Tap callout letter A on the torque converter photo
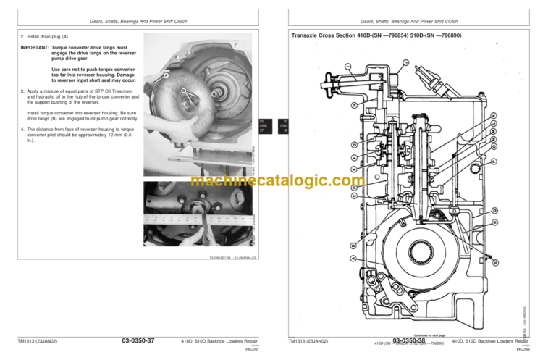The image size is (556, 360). (x=167, y=75)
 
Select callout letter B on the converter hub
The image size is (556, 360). (x=184, y=90)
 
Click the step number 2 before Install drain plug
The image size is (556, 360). (x=22, y=35)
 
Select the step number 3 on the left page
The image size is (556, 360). (x=22, y=92)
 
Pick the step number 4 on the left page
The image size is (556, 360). (x=22, y=129)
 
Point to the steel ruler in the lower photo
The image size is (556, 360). (x=195, y=214)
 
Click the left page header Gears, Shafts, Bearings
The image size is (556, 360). (x=137, y=21)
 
